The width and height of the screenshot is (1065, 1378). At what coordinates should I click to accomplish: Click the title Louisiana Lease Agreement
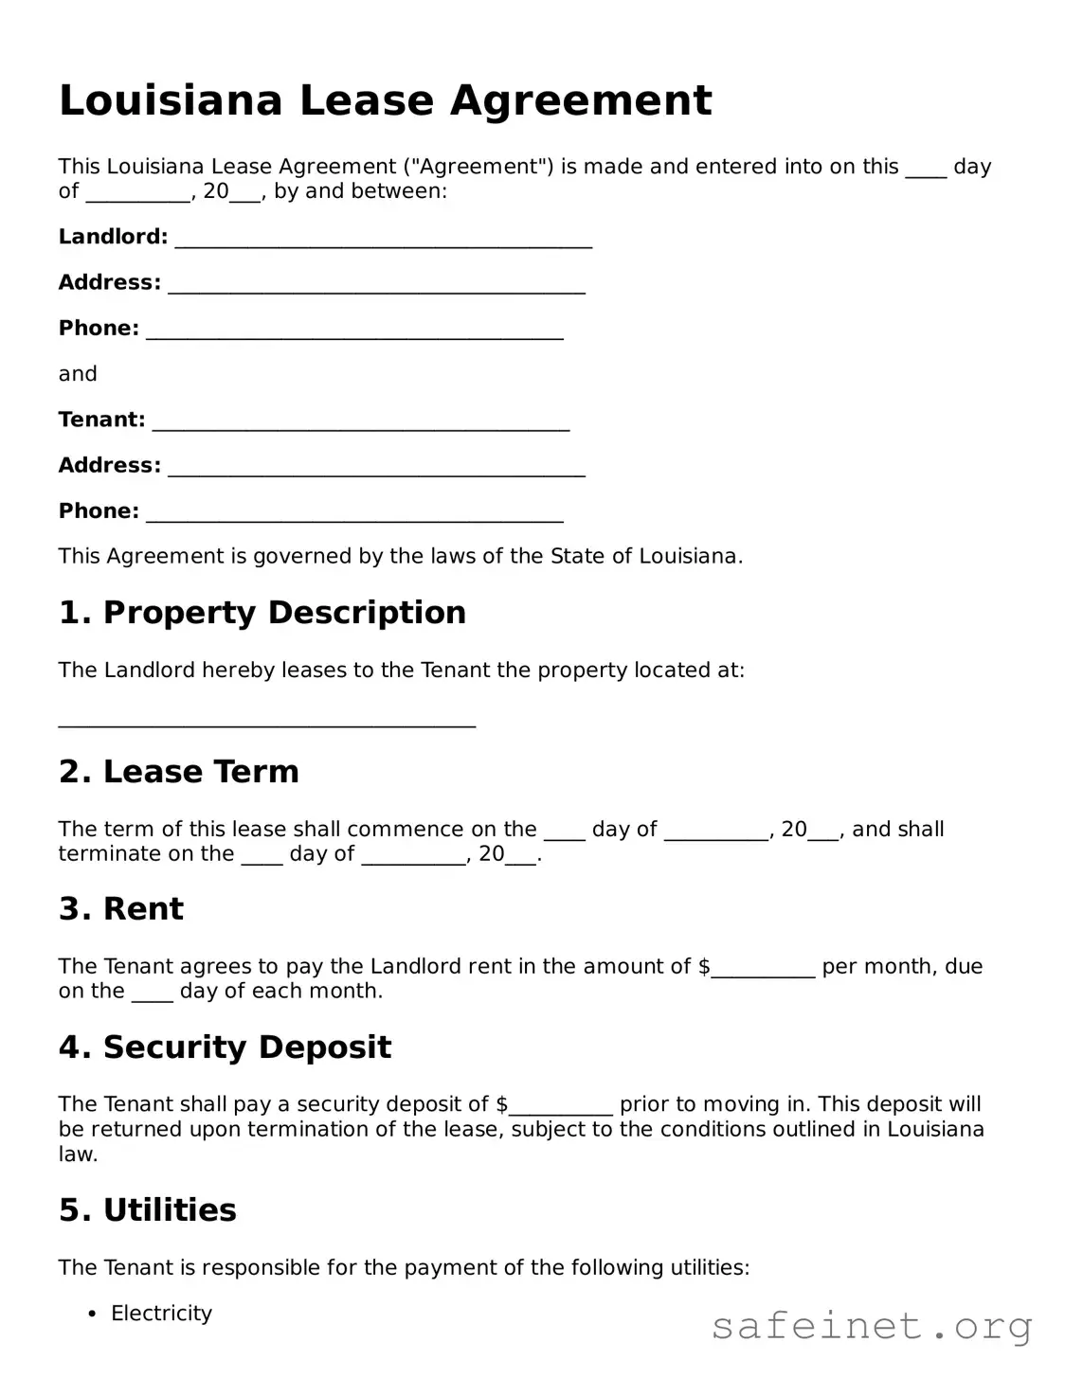pos(385,100)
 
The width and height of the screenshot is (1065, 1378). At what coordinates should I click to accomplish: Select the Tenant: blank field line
pos(360,423)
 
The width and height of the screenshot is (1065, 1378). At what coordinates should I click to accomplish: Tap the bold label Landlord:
pos(113,237)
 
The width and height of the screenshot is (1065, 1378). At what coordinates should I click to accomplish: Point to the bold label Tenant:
pos(101,420)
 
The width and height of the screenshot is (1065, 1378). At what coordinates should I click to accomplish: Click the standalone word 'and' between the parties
pos(78,374)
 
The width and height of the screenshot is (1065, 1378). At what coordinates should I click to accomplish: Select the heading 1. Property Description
pos(262,613)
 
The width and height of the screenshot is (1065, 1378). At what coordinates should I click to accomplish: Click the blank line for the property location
pos(266,723)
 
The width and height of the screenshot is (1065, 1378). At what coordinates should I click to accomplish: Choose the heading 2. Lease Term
pos(178,772)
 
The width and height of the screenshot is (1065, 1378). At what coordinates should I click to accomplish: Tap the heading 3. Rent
pos(121,909)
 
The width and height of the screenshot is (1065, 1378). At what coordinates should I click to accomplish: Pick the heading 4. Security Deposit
pos(225,1047)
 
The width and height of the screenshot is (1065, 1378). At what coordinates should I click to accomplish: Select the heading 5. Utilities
pos(147,1210)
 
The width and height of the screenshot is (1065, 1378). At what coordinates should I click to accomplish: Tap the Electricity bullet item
pos(161,1314)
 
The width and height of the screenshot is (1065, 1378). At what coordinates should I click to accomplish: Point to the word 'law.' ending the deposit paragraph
pos(78,1154)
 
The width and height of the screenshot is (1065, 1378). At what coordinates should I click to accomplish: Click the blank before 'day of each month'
pos(152,995)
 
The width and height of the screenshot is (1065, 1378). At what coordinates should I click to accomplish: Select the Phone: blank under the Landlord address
pos(354,332)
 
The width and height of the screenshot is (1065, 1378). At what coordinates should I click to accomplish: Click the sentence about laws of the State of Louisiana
pos(400,557)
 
